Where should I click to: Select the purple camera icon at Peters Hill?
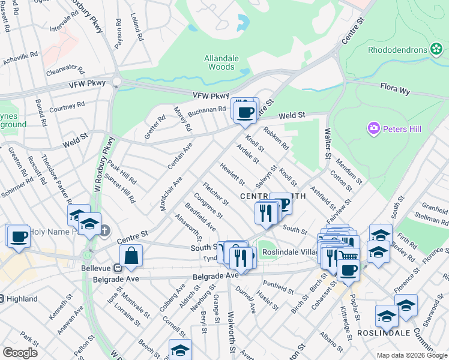(x=374, y=128)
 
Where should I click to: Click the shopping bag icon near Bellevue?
(x=131, y=256)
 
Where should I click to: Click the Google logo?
(x=20, y=352)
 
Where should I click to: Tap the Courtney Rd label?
(x=67, y=107)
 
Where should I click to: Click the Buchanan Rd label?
(x=206, y=111)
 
